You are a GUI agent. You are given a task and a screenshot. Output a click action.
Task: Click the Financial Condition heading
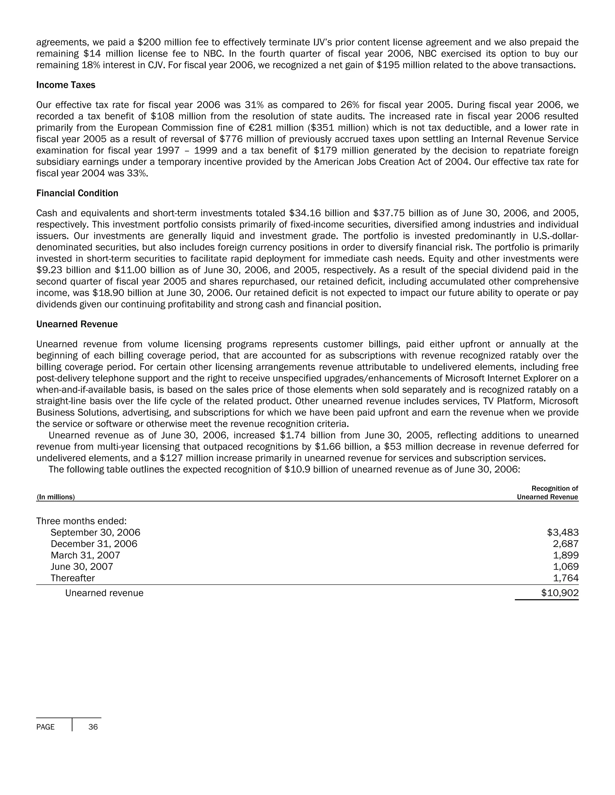point(77,193)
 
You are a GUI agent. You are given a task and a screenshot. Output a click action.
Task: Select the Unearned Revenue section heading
point(77,324)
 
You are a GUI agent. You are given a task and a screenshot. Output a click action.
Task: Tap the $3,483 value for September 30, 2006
point(562,532)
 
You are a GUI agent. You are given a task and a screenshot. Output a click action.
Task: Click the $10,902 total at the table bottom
point(560,593)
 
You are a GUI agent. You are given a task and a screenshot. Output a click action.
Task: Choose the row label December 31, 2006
point(94,544)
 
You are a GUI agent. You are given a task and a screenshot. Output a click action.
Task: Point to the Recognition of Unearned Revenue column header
point(547,493)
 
